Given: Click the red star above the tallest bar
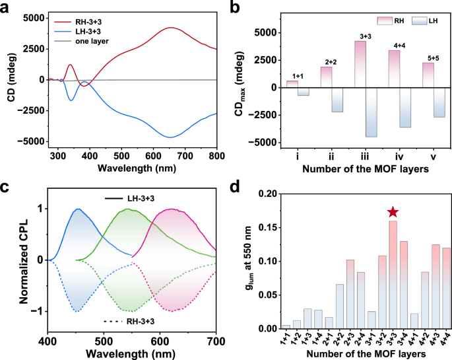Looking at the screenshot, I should point(393,212).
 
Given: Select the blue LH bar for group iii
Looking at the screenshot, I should point(371,112).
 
